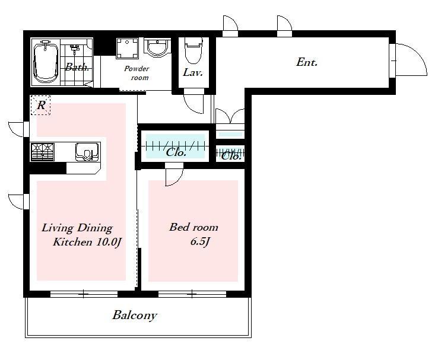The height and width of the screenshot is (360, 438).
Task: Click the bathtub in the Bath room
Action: [x=46, y=62]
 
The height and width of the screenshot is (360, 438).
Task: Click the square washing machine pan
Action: [x=127, y=48]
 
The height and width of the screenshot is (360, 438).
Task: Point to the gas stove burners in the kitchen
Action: [x=43, y=152]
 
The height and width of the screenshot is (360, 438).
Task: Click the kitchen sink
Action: [x=87, y=152]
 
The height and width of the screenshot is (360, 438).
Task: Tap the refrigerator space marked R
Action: [x=40, y=105]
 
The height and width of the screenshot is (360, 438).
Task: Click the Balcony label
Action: [x=135, y=316]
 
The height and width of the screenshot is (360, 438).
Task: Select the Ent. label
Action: [x=307, y=62]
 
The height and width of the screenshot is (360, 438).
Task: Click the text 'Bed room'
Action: [x=193, y=227]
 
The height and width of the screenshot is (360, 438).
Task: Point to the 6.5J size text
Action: [x=200, y=241]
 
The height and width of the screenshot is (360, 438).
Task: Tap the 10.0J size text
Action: [x=109, y=242]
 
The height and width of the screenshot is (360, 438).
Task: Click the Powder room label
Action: [x=137, y=73]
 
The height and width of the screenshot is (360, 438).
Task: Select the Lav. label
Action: [x=193, y=72]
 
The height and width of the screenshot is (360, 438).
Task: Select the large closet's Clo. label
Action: [x=176, y=152]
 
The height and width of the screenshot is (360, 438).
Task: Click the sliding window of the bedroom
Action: [x=192, y=294]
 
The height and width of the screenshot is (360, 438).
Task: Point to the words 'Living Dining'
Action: [x=77, y=228]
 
